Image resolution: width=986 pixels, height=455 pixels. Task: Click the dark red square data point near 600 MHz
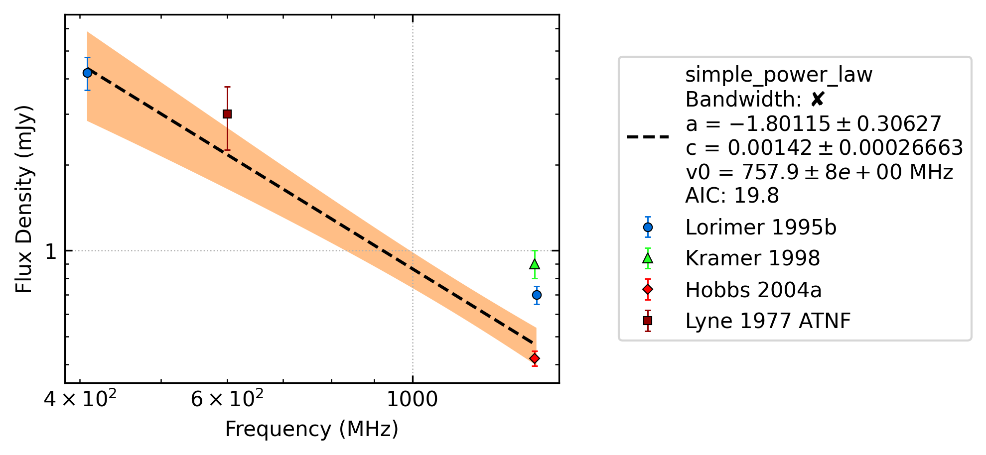tap(227, 114)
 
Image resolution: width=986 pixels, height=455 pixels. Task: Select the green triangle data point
tap(535, 264)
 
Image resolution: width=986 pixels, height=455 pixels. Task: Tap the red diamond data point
tap(535, 358)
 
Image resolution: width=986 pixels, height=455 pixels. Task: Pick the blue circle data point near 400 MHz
tap(87, 73)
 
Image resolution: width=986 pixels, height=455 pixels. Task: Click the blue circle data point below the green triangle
tap(537, 295)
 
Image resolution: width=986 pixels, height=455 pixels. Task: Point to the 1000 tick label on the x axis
tap(412, 399)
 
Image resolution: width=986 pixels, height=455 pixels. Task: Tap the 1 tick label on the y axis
tap(51, 251)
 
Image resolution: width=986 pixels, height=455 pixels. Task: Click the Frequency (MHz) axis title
tap(312, 429)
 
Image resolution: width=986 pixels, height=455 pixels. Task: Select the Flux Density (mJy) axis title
tap(23, 199)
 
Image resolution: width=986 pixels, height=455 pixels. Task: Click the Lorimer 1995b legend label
tap(761, 227)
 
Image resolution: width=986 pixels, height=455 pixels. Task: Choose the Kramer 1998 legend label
tap(752, 258)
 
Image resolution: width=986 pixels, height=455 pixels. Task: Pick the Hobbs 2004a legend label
tap(753, 290)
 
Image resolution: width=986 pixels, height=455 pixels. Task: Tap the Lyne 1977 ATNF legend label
tap(768, 321)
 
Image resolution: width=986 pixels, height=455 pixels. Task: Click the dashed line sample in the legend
tap(648, 136)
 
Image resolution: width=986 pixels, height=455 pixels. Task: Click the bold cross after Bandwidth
tap(817, 100)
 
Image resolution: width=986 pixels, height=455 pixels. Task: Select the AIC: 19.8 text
tap(732, 196)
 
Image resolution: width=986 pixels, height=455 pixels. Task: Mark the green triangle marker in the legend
tap(648, 258)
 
